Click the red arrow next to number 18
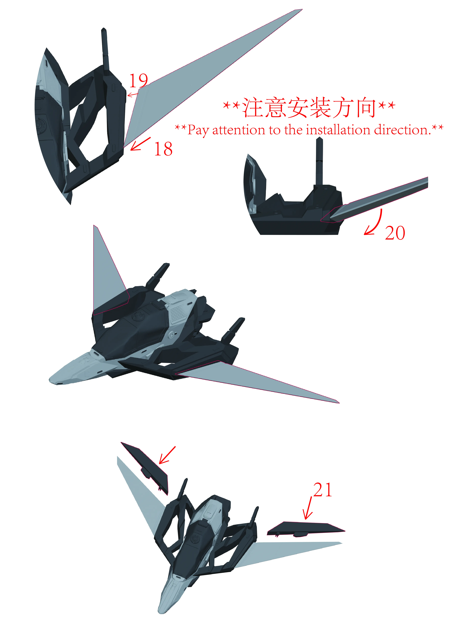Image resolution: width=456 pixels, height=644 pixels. click(x=140, y=144)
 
